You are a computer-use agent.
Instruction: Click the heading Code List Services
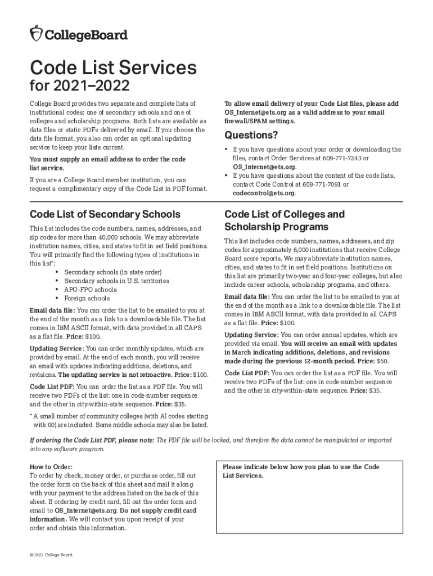113,68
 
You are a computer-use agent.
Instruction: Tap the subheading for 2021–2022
79,87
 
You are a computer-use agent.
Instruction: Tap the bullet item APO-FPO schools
90,289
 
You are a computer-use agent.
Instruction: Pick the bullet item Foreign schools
87,298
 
